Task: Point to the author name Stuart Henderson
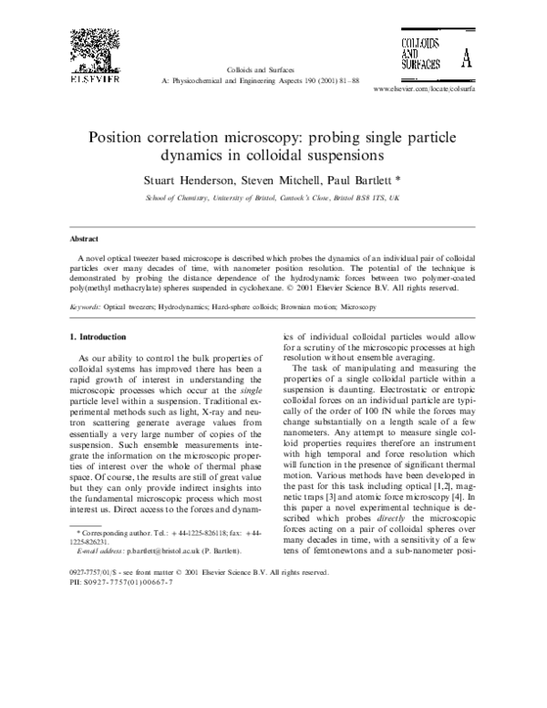pyautogui.click(x=189, y=179)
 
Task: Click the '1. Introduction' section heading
pyautogui.click(x=100, y=312)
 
